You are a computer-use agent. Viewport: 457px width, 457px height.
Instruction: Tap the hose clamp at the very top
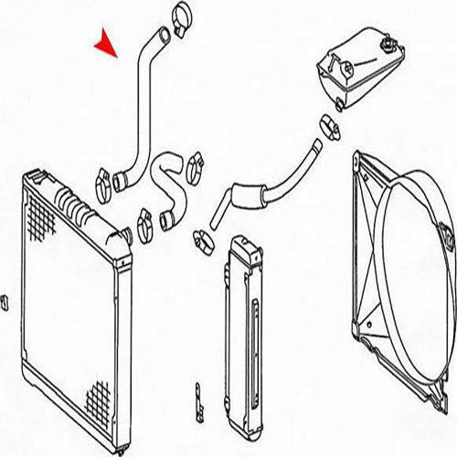coord(180,16)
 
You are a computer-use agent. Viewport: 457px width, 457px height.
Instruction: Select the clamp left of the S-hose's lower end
coord(144,220)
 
